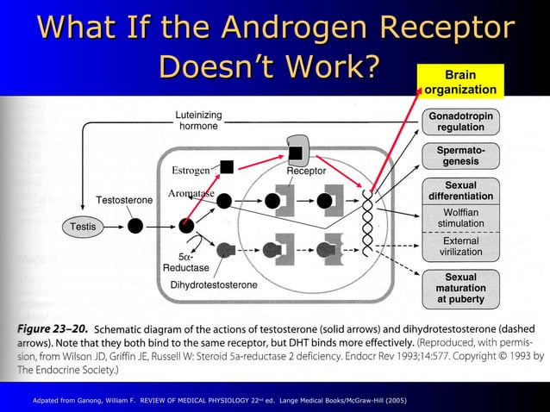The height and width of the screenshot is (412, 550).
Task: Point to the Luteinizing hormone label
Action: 197,121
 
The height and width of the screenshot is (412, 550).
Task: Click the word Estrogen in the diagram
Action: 191,168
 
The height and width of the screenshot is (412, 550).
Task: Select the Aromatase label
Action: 191,192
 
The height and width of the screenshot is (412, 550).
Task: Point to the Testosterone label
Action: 123,200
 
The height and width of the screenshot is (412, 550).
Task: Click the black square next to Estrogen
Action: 227,166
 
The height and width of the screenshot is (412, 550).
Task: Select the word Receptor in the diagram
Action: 306,172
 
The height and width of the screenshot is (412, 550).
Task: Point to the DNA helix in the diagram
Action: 370,224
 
